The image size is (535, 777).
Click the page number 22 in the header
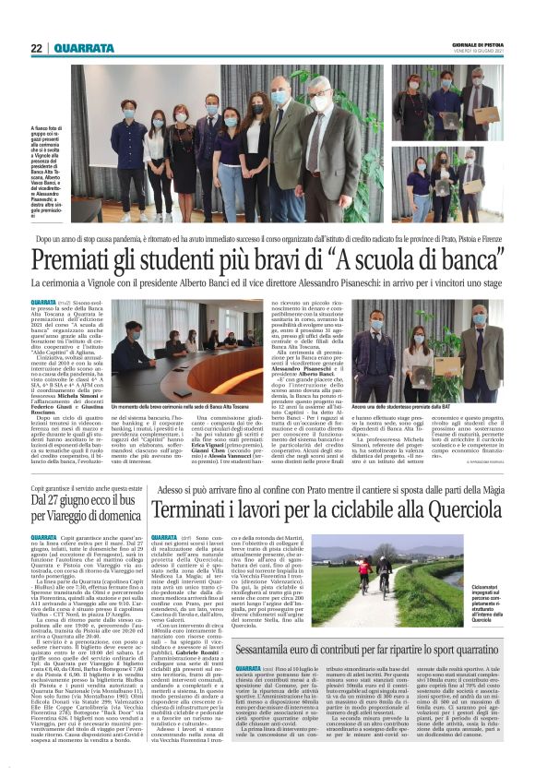pos(36,48)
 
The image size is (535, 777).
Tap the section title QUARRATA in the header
pos(84,48)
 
